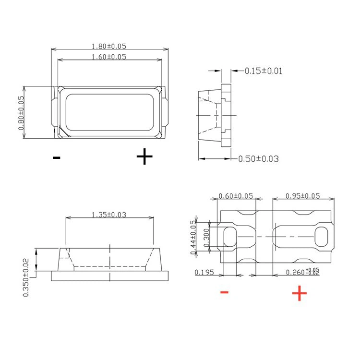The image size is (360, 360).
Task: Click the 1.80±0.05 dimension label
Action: pyautogui.click(x=109, y=46)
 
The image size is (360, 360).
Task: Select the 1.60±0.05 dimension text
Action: pyautogui.click(x=109, y=57)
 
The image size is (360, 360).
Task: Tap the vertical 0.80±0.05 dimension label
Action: pyautogui.click(x=21, y=113)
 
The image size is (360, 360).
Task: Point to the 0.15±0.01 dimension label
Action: pyautogui.click(x=264, y=71)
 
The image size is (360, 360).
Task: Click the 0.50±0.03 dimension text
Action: pyautogui.click(x=258, y=159)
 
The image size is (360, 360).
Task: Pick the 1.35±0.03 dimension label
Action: pyautogui.click(x=109, y=215)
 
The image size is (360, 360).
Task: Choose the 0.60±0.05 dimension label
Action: pyautogui.click(x=236, y=196)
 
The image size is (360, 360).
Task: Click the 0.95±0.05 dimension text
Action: pyautogui.click(x=303, y=196)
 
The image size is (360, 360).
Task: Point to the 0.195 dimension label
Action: pyautogui.click(x=204, y=273)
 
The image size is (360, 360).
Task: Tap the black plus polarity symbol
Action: pyautogui.click(x=144, y=156)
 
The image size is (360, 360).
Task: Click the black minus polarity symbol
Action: pyautogui.click(x=57, y=157)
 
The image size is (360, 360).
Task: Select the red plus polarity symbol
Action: pyautogui.click(x=299, y=293)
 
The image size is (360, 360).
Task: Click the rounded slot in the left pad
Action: pyautogui.click(x=231, y=237)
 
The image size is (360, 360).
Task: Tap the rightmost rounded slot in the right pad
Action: pyautogui.click(x=321, y=237)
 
